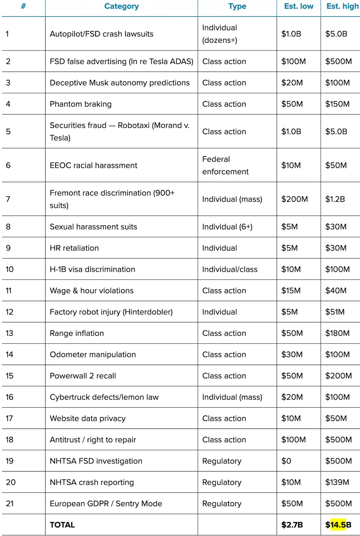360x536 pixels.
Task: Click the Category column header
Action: point(121,6)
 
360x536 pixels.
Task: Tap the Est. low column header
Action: point(299,6)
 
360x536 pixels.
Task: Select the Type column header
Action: point(237,6)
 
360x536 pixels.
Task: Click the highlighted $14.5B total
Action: point(338,524)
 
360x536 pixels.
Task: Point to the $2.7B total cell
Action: point(292,524)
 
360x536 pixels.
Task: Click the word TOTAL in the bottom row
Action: point(62,524)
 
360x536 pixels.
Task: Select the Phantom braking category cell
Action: point(81,104)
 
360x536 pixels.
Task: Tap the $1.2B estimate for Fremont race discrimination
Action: point(335,199)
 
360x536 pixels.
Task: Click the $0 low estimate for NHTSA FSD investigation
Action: point(286,461)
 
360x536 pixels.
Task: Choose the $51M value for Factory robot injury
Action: point(335,312)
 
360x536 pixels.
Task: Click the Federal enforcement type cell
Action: point(225,165)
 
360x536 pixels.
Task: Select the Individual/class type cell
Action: point(230,269)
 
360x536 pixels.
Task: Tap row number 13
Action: point(9,333)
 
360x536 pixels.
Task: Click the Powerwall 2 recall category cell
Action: point(83,376)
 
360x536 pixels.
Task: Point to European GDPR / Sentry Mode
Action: point(106,503)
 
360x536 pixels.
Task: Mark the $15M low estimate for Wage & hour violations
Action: point(291,290)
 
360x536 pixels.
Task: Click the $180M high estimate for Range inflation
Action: point(337,333)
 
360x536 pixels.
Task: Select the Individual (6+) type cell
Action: point(227,227)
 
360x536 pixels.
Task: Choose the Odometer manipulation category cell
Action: point(93,354)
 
